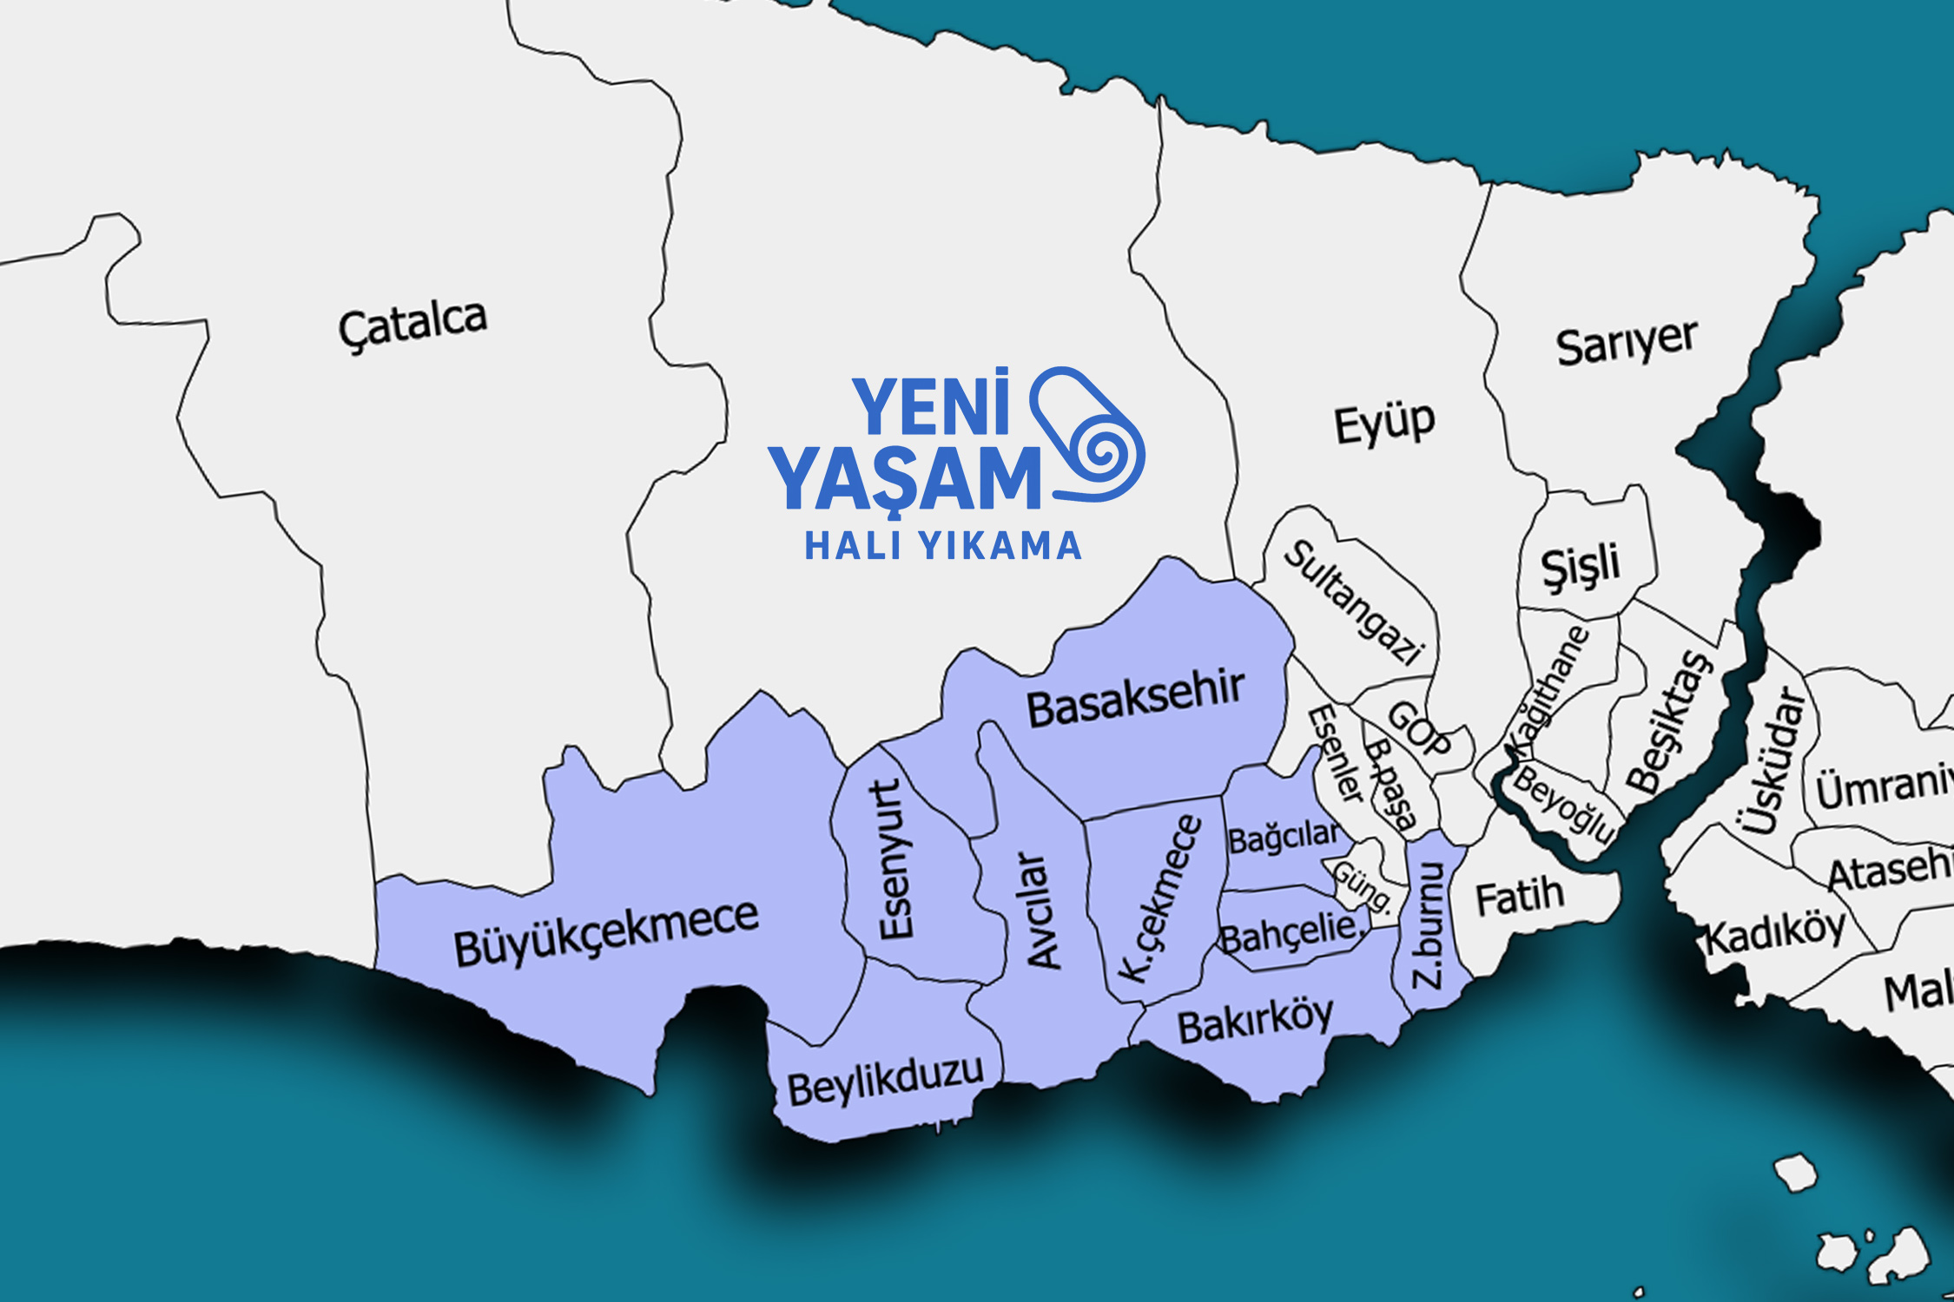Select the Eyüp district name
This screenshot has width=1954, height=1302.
1384,424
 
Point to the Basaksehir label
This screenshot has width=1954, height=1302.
1135,700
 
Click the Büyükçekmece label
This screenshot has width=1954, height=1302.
606,933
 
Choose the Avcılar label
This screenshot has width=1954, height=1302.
1043,910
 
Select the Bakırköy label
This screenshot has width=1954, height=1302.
1255,1022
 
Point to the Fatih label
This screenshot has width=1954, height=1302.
1520,897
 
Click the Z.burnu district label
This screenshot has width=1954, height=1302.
1428,925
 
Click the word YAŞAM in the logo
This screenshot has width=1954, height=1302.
905,479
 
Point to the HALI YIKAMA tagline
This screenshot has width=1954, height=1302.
943,547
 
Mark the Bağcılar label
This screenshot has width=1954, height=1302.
1284,838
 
